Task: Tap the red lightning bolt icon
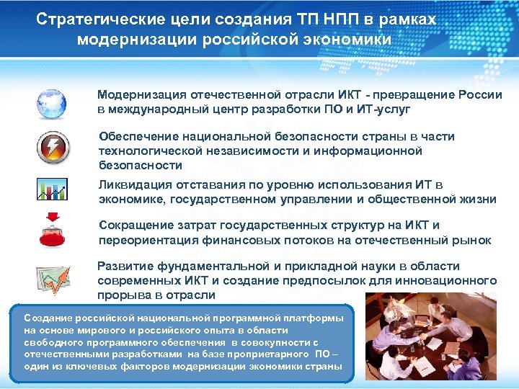pyautogui.click(x=52, y=148)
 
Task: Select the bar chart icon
pyautogui.click(x=52, y=190)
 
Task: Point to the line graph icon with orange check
pyautogui.click(x=52, y=280)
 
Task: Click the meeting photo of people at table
pyautogui.click(x=430, y=336)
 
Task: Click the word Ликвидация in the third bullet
pyautogui.click(x=134, y=185)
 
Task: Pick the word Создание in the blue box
pyautogui.click(x=46, y=318)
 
